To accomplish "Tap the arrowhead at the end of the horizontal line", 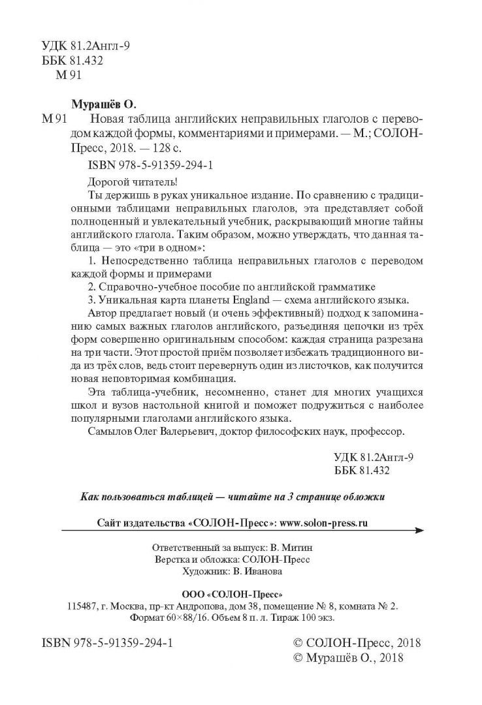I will point(419,532).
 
